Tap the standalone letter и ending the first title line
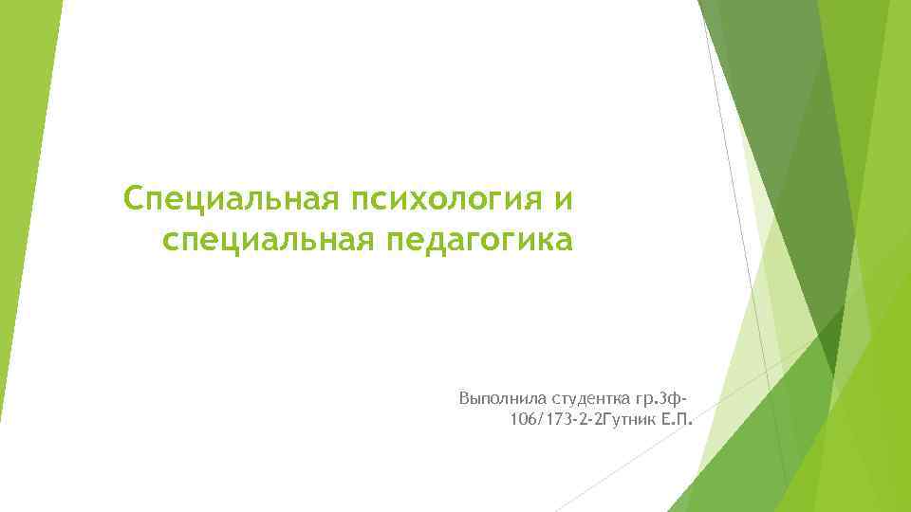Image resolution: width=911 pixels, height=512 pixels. pos(564,200)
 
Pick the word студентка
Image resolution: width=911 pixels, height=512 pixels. pos(578,393)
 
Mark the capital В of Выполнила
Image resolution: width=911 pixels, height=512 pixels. pos(463,393)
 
